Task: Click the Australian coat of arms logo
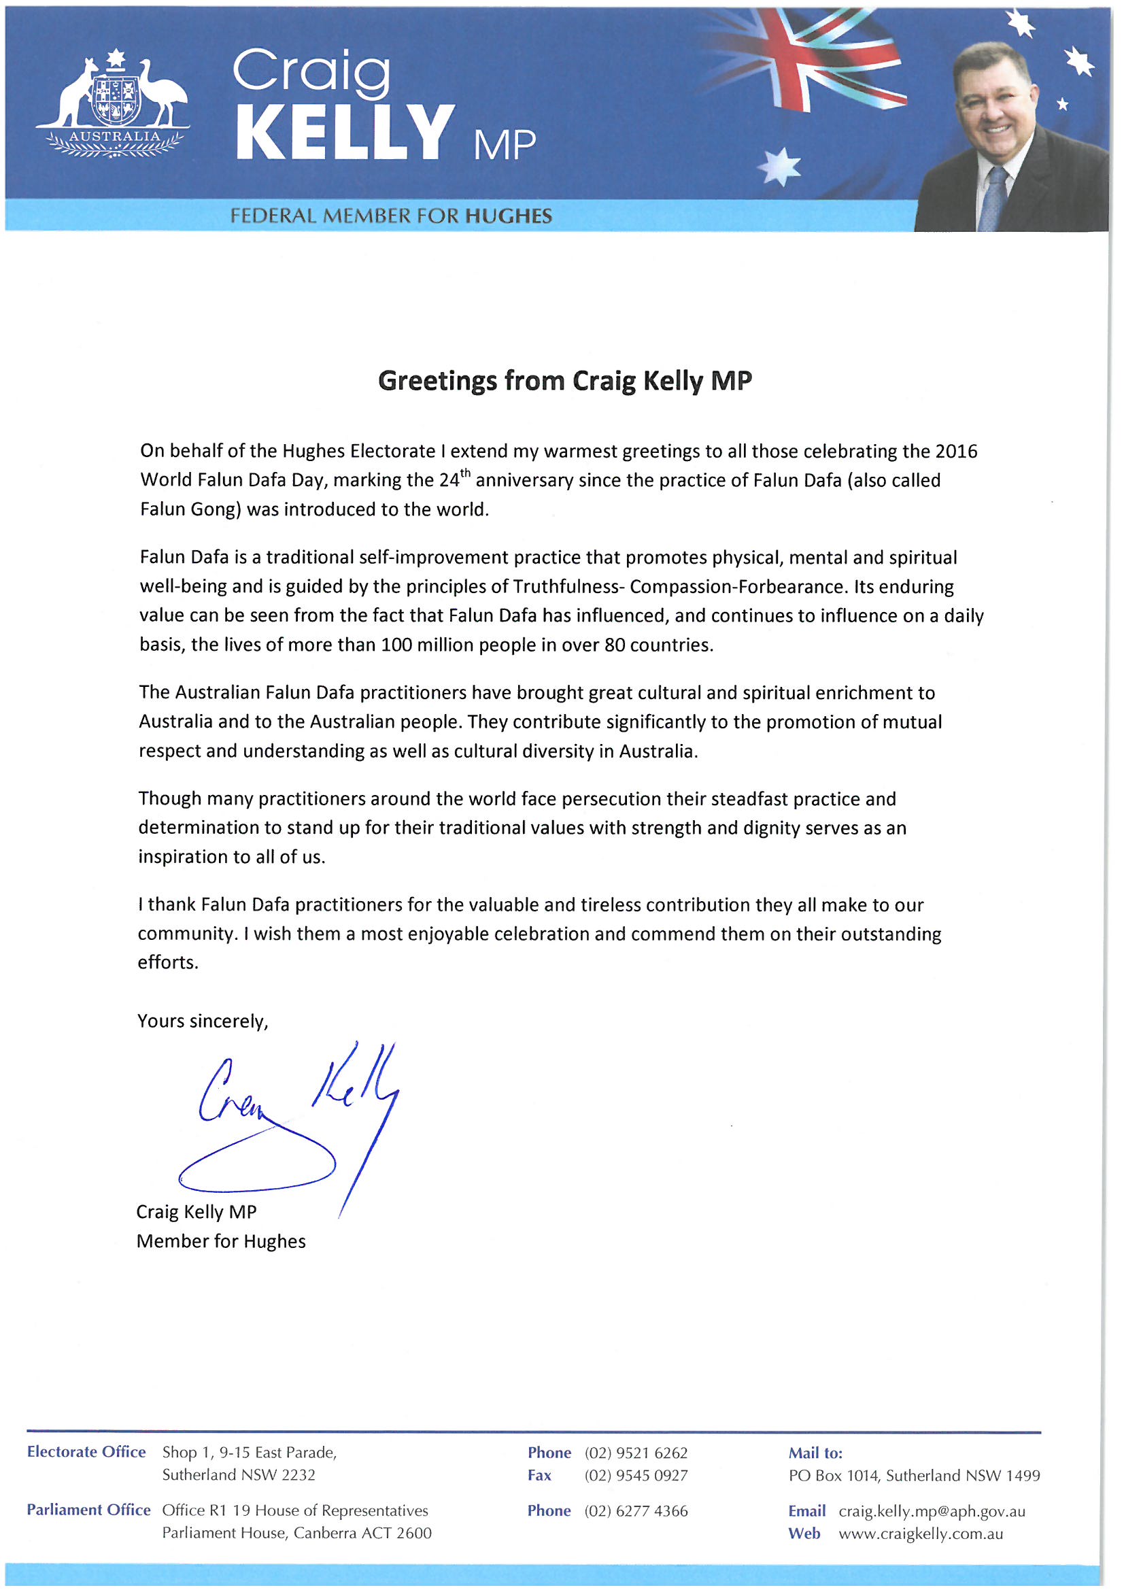[113, 104]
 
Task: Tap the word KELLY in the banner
[344, 133]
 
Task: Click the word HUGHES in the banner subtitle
[509, 217]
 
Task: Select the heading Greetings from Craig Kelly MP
[564, 381]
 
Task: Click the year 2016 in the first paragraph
[956, 452]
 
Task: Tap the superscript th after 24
[465, 474]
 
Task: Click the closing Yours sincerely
[202, 1021]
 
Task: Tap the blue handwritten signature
[291, 1122]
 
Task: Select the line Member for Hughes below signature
[221, 1242]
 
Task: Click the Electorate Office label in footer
[86, 1452]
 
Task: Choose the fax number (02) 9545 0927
[636, 1476]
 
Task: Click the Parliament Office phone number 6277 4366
[636, 1511]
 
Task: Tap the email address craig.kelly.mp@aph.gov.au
[932, 1512]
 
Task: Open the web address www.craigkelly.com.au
[921, 1534]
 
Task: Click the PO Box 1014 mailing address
[914, 1476]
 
